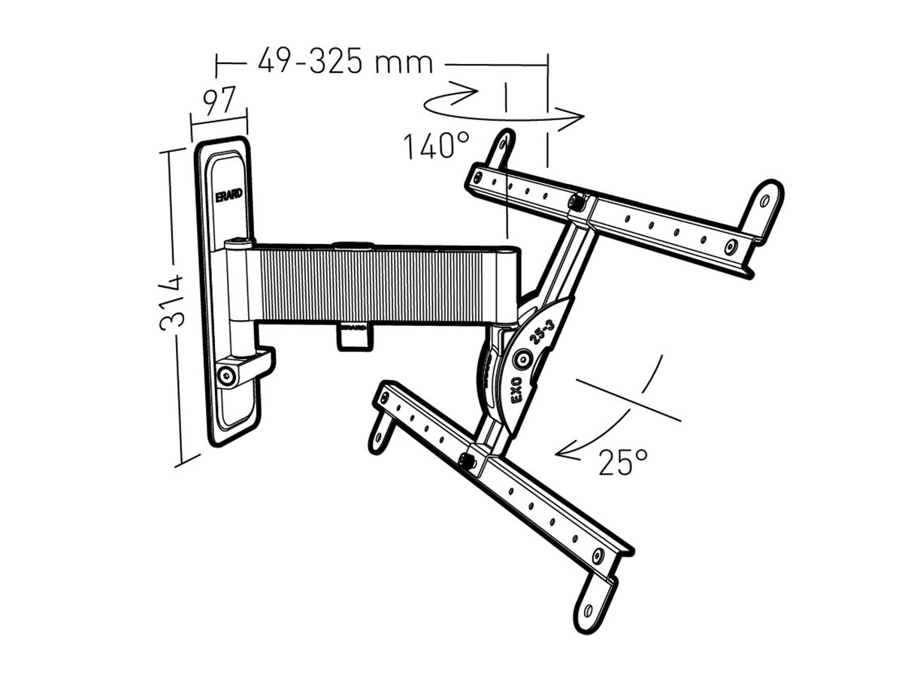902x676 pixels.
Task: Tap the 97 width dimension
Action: click(x=219, y=100)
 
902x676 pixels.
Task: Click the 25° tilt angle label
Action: click(x=623, y=463)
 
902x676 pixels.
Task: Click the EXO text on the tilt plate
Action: click(x=519, y=391)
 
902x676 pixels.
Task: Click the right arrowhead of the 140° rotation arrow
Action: click(x=577, y=116)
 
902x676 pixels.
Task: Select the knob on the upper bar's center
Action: click(x=578, y=201)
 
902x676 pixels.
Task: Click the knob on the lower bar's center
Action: click(x=468, y=461)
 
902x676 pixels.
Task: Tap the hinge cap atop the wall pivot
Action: click(x=239, y=242)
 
